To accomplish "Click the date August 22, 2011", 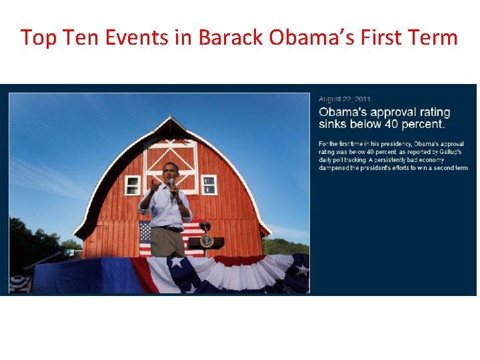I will coord(345,99).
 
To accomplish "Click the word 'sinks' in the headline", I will coord(333,124).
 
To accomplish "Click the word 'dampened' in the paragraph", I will coord(336,168).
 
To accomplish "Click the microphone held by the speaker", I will coord(171,185).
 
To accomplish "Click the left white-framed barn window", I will coord(133,185).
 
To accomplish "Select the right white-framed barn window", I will coord(209,185).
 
